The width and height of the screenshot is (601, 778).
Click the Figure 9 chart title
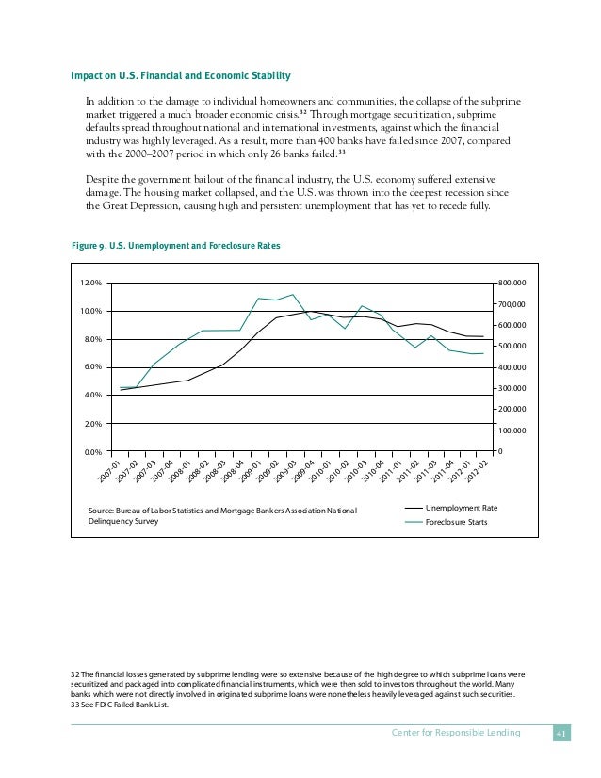pyautogui.click(x=175, y=246)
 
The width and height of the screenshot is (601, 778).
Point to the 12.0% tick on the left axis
pyautogui.click(x=90, y=283)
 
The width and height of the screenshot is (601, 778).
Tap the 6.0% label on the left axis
pyautogui.click(x=91, y=367)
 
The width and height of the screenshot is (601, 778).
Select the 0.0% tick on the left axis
pyautogui.click(x=91, y=452)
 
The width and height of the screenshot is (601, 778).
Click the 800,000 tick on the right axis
pyautogui.click(x=513, y=283)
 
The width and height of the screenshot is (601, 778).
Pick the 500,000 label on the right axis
pyautogui.click(x=513, y=347)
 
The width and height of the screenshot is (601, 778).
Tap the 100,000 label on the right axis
pyautogui.click(x=513, y=430)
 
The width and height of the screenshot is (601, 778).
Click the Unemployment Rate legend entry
pyautogui.click(x=462, y=509)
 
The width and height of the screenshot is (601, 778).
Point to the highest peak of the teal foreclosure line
pyautogui.click(x=293, y=295)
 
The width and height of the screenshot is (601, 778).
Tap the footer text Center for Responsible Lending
pyautogui.click(x=455, y=734)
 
